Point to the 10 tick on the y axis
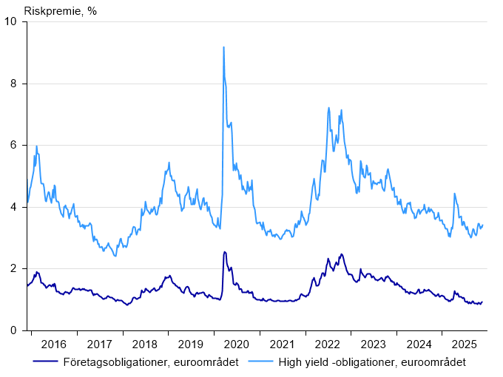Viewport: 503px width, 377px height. pos(13,21)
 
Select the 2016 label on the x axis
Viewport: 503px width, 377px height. pos(54,344)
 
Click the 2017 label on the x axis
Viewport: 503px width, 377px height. pos(99,344)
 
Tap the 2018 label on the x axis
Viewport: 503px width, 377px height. pos(145,344)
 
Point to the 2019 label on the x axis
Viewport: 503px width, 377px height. pos(191,344)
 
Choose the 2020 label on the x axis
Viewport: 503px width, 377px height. pos(237,344)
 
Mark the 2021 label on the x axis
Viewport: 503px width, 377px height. pos(282,344)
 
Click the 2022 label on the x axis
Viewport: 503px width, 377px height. pos(328,344)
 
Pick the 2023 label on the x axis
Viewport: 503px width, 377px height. pos(374,344)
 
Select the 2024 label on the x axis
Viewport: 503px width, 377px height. pos(419,344)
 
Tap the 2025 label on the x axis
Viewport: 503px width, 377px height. pos(465,344)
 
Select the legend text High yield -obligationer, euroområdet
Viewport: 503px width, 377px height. pos(371,361)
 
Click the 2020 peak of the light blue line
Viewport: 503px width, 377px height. pos(223,47)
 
